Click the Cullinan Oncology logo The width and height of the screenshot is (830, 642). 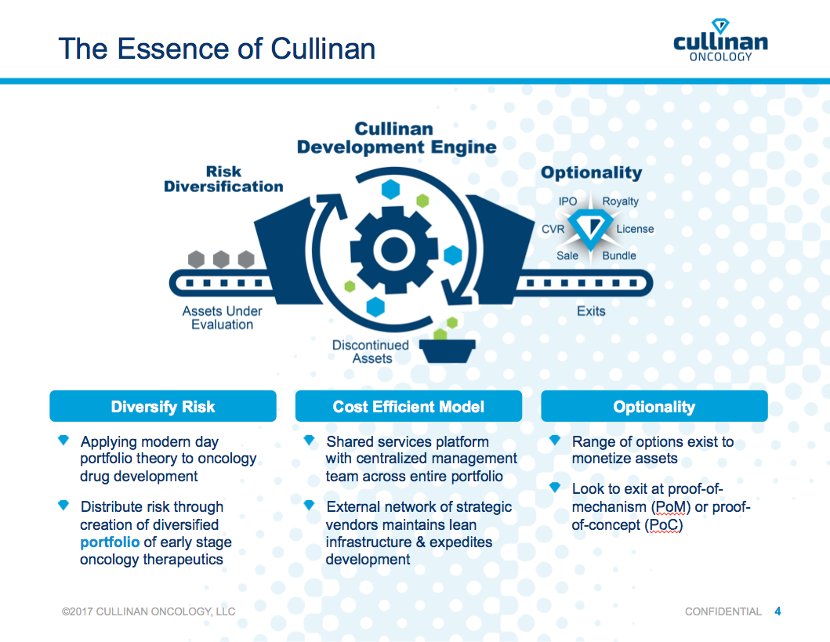[720, 41]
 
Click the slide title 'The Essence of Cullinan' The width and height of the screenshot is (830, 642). [216, 49]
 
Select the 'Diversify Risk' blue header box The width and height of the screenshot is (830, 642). [163, 407]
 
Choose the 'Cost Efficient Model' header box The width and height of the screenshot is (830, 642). [408, 407]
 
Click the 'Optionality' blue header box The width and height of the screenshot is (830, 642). [654, 407]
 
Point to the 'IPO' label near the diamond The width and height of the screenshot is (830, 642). [567, 201]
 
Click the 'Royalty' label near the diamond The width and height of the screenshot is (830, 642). [620, 201]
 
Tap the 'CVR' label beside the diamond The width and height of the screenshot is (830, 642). [553, 229]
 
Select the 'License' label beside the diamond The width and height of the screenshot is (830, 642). [634, 229]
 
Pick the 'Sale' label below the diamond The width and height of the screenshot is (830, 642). [567, 256]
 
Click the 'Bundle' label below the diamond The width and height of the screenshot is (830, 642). [619, 256]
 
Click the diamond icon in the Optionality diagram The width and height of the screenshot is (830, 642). [593, 228]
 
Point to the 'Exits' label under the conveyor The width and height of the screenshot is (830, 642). [591, 311]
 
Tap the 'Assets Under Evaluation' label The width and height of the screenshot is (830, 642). [222, 317]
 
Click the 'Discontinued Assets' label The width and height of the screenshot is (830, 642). [371, 351]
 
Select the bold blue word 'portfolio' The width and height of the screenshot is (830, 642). [110, 542]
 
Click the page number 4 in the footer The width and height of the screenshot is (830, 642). [777, 611]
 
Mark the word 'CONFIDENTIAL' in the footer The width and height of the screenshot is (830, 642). [723, 611]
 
